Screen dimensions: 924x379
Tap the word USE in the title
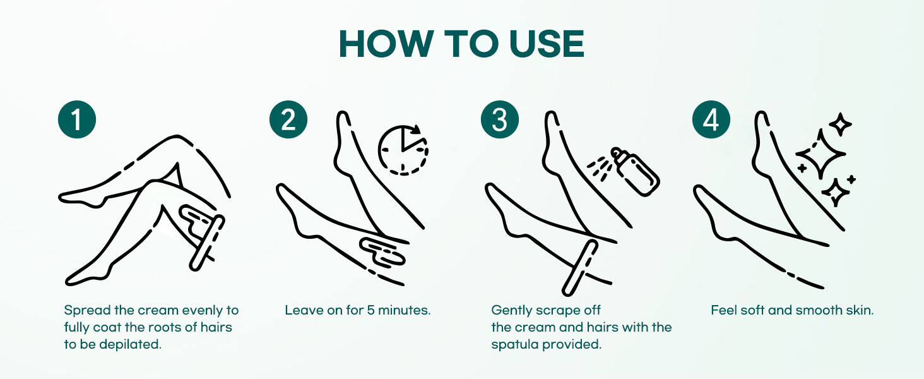(x=547, y=44)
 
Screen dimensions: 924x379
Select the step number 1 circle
(x=77, y=119)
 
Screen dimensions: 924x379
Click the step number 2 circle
(x=288, y=119)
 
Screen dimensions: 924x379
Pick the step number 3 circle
(x=499, y=119)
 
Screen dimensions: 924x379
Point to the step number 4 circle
(x=711, y=119)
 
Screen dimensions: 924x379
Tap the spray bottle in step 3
(x=635, y=171)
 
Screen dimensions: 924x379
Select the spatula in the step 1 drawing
(x=207, y=243)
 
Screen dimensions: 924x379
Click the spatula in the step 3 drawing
(x=580, y=268)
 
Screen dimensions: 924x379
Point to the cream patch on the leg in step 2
(x=382, y=252)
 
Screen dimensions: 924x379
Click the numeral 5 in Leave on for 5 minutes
(x=370, y=310)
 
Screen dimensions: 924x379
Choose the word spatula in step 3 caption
(x=514, y=344)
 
